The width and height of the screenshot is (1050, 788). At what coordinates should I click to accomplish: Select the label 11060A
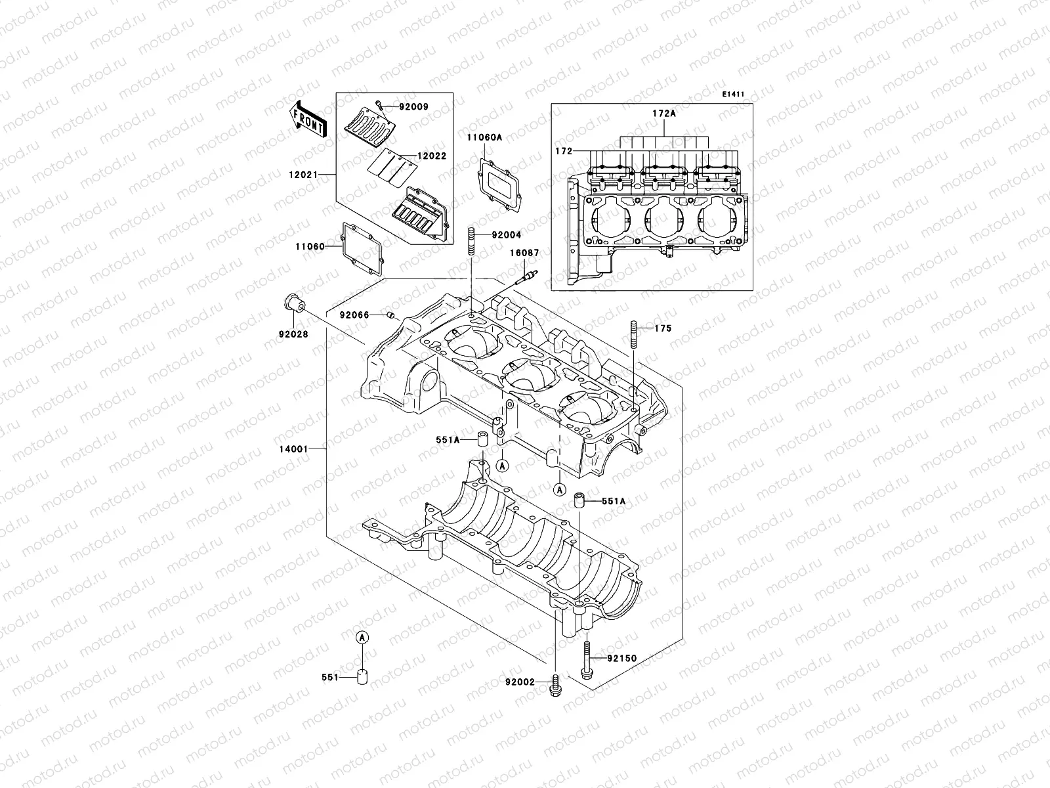[484, 137]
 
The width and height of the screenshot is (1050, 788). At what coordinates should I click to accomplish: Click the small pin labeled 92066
[390, 316]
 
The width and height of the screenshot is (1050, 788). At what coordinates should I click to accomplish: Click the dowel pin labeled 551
[362, 677]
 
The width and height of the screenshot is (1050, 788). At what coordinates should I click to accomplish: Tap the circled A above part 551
[362, 637]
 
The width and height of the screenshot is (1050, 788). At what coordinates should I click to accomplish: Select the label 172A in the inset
[663, 113]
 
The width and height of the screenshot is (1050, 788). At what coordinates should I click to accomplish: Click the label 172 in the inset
[563, 151]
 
